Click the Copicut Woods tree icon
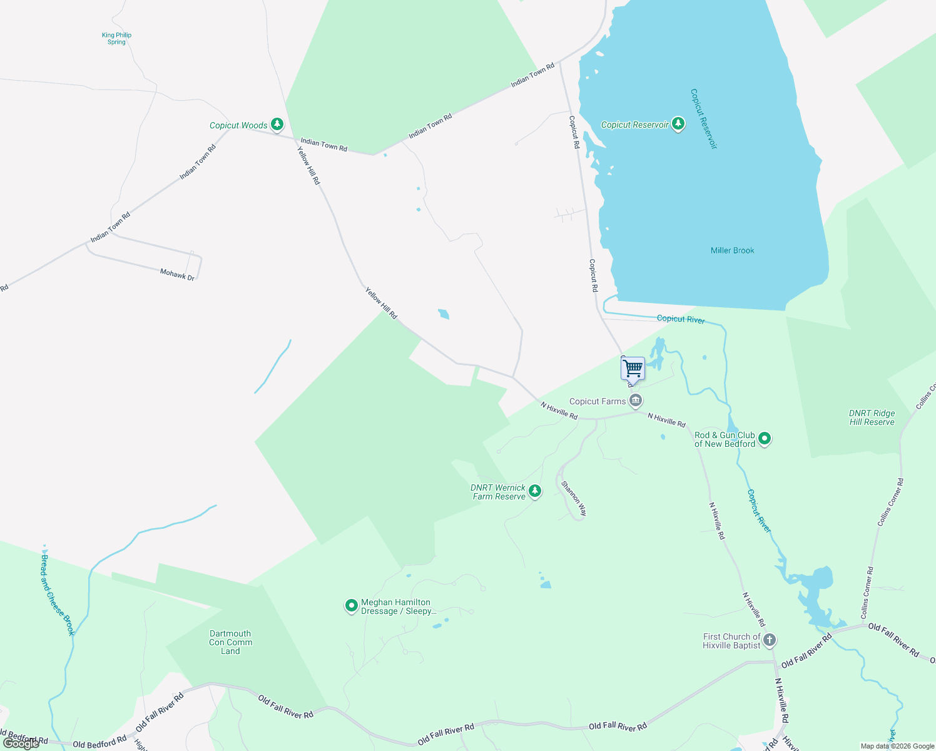click(277, 125)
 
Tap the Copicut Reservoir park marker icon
click(678, 124)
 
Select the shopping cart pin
click(633, 369)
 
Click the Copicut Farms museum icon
click(636, 401)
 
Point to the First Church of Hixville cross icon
click(770, 640)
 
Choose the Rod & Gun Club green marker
click(764, 439)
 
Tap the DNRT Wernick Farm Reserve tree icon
click(534, 491)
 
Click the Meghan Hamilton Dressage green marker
click(352, 606)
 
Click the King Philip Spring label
click(116, 39)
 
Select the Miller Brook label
click(732, 250)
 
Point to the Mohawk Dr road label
click(177, 274)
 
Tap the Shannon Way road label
click(574, 498)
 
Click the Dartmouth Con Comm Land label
click(230, 642)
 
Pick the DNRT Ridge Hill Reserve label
click(872, 417)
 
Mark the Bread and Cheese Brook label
click(58, 595)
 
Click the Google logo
click(21, 743)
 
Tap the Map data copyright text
click(897, 746)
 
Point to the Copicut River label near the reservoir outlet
click(680, 319)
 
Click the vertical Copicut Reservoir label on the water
click(703, 118)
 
